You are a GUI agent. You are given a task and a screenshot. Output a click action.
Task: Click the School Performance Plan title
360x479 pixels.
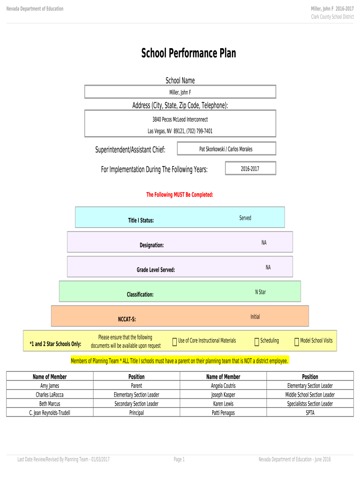click(188, 54)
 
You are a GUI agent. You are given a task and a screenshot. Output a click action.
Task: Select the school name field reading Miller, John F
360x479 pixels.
click(180, 92)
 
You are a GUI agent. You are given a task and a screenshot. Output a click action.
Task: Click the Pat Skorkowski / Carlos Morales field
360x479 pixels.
click(226, 149)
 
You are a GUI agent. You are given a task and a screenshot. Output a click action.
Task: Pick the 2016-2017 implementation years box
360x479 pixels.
click(250, 169)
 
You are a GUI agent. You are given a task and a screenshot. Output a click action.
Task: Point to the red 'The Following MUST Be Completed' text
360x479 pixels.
click(180, 195)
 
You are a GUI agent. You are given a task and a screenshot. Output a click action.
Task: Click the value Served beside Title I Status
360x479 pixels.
click(245, 218)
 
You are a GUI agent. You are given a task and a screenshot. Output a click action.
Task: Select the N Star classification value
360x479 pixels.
click(260, 292)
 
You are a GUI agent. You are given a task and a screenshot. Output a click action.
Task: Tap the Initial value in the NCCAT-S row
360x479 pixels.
click(255, 317)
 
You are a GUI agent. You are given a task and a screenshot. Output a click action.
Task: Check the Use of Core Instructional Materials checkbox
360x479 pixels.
click(174, 342)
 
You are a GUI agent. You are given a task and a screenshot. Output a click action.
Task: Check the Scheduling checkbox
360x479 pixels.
click(257, 342)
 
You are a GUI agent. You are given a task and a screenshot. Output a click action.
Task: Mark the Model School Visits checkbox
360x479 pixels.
click(296, 342)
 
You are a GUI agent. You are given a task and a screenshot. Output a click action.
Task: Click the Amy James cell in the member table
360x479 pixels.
click(50, 386)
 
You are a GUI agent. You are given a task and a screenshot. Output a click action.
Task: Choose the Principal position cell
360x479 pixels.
click(137, 413)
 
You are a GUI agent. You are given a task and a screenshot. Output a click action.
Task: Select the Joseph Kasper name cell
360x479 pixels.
click(223, 395)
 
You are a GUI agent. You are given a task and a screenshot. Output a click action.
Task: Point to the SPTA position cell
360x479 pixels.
click(310, 413)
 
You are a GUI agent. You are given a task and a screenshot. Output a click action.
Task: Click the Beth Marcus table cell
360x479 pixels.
click(50, 404)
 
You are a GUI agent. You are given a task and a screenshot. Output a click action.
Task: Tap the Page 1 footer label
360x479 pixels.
click(179, 459)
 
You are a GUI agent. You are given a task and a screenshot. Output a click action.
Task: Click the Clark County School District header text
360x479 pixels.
click(332, 17)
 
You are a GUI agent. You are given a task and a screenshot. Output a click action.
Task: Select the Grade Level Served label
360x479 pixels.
click(156, 270)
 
